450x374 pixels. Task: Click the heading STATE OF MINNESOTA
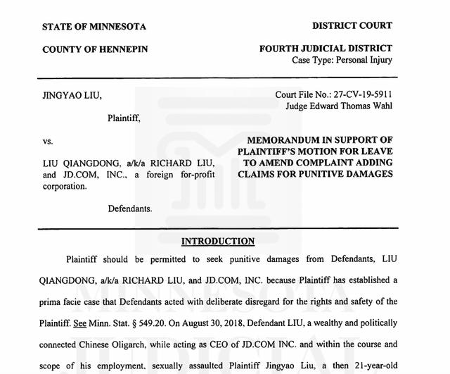pyautogui.click(x=94, y=27)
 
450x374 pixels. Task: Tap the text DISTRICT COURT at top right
pyautogui.click(x=352, y=26)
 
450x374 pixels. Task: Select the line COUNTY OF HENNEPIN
pyautogui.click(x=95, y=49)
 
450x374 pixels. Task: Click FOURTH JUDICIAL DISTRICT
pyautogui.click(x=326, y=49)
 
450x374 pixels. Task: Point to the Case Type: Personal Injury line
pyautogui.click(x=342, y=60)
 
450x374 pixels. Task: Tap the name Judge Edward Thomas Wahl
pyautogui.click(x=339, y=106)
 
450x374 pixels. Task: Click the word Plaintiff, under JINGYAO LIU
pyautogui.click(x=124, y=118)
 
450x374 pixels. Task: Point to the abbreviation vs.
pyautogui.click(x=48, y=141)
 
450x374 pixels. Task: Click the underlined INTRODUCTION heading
pyautogui.click(x=218, y=242)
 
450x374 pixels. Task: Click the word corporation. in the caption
pyautogui.click(x=65, y=186)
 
